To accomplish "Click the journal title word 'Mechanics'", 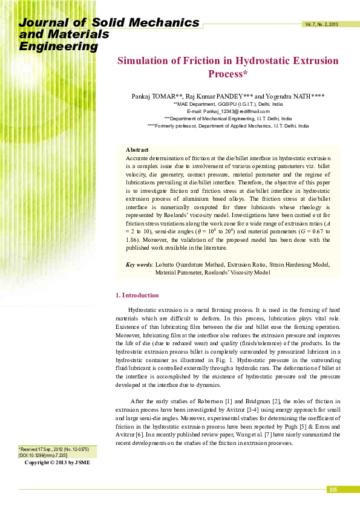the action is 163,23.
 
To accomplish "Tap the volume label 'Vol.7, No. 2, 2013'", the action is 321,24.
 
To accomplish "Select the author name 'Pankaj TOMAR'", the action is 153,96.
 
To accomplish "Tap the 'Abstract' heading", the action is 137,149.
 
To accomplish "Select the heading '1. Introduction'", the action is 137,295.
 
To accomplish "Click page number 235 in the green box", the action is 333,489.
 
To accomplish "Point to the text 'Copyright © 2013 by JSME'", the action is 57,462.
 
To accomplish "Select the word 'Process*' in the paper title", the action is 228,74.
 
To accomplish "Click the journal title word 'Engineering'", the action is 59,47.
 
